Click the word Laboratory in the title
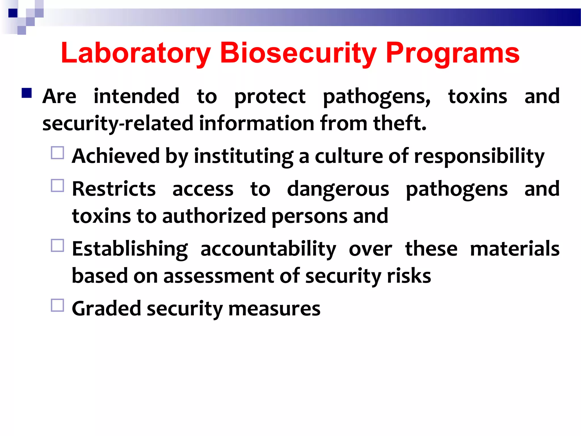click(x=136, y=53)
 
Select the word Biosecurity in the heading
click(x=298, y=53)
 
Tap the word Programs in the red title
click(x=452, y=53)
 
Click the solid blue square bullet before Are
click(x=27, y=93)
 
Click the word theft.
click(x=400, y=124)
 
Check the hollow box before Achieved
click(x=58, y=153)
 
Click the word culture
click(x=349, y=156)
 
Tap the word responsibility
click(x=479, y=157)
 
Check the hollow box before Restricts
click(x=58, y=186)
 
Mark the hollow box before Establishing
click(x=58, y=246)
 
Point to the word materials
click(x=515, y=249)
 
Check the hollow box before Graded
click(x=58, y=305)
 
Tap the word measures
click(x=274, y=309)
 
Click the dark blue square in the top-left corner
click(x=13, y=13)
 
